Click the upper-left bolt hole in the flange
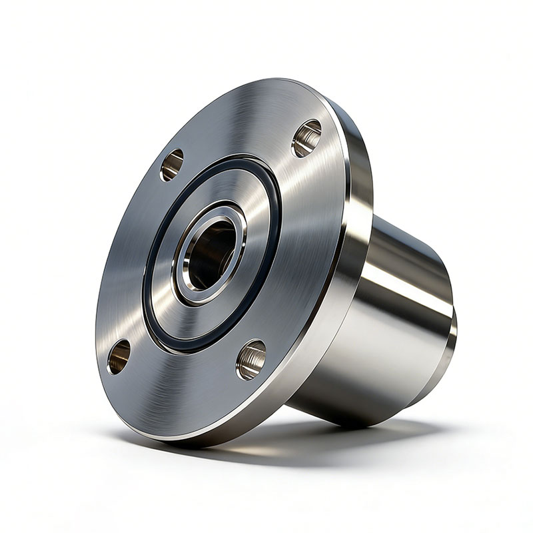pyautogui.click(x=172, y=164)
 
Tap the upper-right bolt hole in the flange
pyautogui.click(x=306, y=138)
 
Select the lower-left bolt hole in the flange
pyautogui.click(x=119, y=356)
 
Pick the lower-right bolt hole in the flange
pyautogui.click(x=251, y=359)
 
